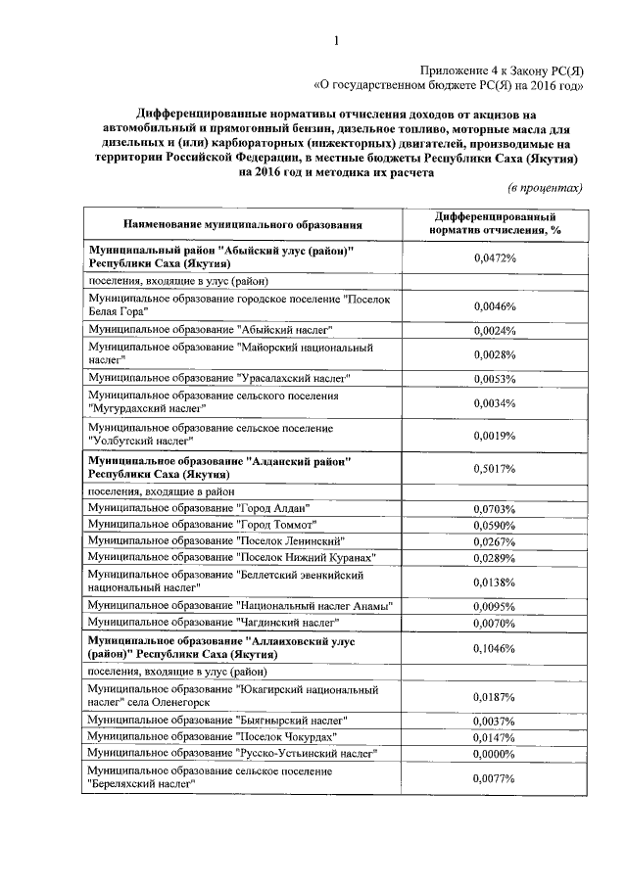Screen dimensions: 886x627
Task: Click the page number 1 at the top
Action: pos(336,40)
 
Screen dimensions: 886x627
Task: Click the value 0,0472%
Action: pos(494,258)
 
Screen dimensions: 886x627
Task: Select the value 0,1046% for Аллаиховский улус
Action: pos(494,649)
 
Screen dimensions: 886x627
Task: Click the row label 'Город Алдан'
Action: pos(199,508)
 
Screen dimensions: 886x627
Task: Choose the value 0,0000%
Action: pos(494,754)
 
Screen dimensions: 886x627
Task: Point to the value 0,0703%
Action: pos(494,509)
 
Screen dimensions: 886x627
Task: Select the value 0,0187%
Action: pos(494,697)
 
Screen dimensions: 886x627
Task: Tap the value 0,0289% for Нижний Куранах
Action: pos(494,557)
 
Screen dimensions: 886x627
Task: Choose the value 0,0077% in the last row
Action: pos(494,778)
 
